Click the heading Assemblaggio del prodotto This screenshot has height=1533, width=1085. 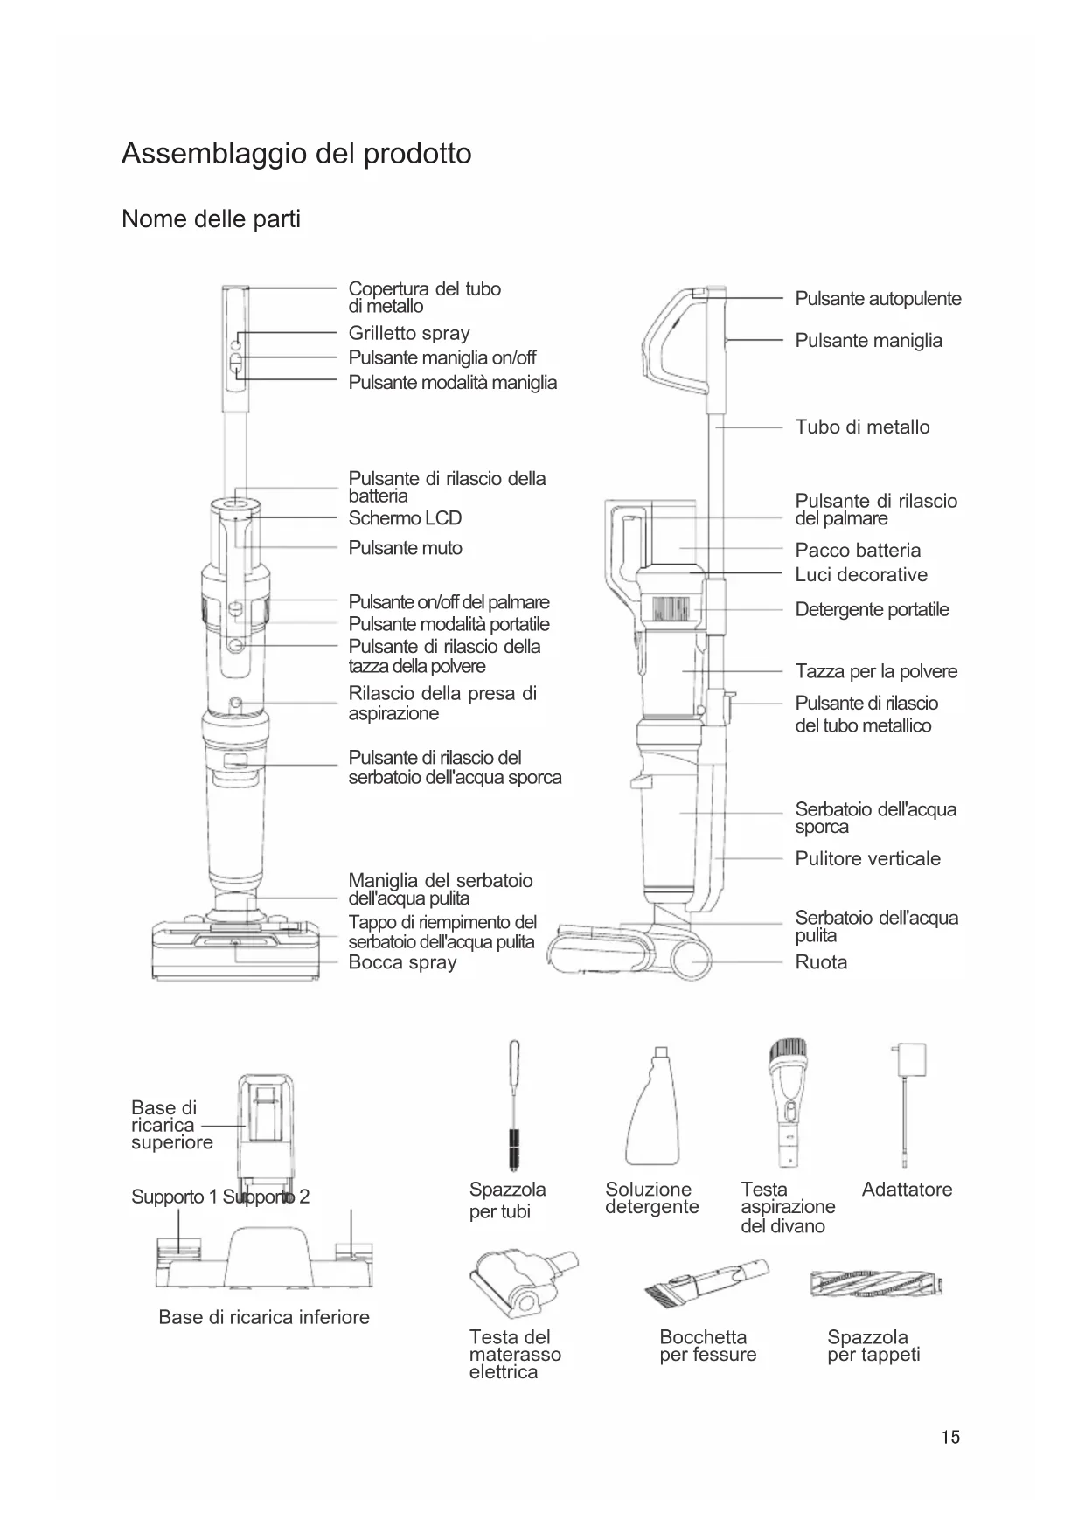[296, 154]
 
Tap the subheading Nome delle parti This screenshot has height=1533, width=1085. [211, 219]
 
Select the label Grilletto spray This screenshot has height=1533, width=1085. [409, 333]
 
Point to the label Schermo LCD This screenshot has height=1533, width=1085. [405, 518]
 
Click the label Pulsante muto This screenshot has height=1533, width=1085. [405, 548]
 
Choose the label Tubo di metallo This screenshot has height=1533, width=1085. [862, 427]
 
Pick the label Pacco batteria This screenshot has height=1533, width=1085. [858, 551]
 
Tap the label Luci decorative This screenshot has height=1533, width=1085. [861, 575]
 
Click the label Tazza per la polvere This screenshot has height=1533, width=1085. [876, 671]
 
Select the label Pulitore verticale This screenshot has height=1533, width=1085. [867, 859]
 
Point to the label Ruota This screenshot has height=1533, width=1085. [821, 962]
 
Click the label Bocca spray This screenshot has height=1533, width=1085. [402, 962]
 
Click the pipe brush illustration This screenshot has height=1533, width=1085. [514, 1105]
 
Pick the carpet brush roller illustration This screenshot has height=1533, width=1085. [877, 1284]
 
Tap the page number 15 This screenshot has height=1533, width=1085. [950, 1438]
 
